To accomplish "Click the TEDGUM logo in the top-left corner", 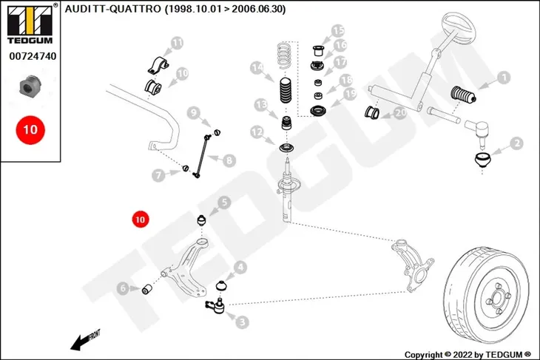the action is pos(30,24).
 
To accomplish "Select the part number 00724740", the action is pos(33,56).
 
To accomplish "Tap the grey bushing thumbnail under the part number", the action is pos(30,85).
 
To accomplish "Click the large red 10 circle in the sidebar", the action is pos(30,130).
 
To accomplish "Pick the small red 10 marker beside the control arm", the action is pos(140,220).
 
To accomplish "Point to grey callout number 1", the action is pos(504,78).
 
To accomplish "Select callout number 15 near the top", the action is pos(338,31).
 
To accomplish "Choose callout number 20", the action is pos(400,112).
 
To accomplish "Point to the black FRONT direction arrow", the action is pos(84,340).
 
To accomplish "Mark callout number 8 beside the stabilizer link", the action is pos(229,160).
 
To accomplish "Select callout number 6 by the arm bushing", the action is pos(123,288).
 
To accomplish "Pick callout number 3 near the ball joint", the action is pos(243,322).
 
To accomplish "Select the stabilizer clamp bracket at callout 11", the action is pos(158,65).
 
